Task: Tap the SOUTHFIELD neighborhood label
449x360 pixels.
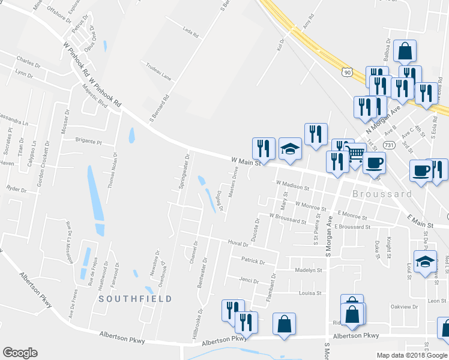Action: pos(135,298)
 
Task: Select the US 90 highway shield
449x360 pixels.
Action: pos(348,72)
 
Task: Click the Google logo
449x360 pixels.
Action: pos(20,353)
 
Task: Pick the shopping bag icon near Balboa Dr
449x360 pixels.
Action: pos(405,52)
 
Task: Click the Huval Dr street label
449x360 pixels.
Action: pos(238,244)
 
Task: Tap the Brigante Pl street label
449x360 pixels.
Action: pos(89,142)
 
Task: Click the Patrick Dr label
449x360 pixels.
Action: pos(253,261)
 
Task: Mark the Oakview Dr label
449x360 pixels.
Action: pos(404,307)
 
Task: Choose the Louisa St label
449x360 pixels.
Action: pos(310,293)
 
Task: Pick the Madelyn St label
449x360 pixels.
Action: pos(309,270)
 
